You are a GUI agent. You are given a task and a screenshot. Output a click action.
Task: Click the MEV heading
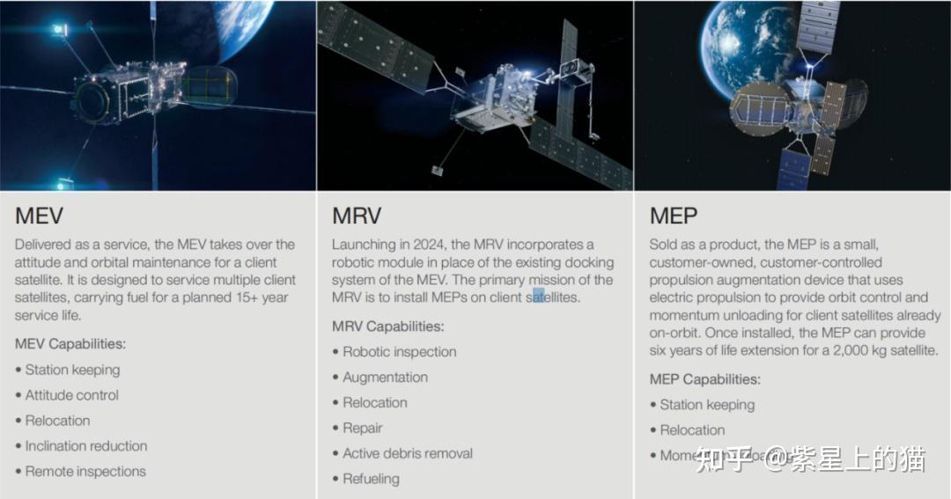coord(40,216)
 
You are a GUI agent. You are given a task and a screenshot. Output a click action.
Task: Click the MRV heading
coord(356,216)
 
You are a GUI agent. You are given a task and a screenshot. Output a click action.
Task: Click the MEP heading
coord(674,216)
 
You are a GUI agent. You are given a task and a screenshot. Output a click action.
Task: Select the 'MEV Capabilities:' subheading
coord(70,343)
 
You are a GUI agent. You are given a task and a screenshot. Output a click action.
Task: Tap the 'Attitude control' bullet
coord(71,395)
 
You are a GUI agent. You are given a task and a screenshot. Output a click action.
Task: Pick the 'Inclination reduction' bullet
coord(85,446)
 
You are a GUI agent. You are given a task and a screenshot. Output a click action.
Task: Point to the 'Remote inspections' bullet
coord(85,472)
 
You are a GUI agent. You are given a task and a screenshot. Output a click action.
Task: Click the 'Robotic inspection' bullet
coord(399,352)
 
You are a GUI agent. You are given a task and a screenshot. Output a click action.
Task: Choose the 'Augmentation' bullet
coord(385,378)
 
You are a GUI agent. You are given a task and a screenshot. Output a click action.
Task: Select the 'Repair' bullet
coord(362,429)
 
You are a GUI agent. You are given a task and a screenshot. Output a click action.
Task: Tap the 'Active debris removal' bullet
coord(407,454)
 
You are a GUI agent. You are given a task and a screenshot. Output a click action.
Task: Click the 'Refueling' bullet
coord(371,480)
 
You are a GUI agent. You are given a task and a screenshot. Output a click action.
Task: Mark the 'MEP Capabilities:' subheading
coord(705,379)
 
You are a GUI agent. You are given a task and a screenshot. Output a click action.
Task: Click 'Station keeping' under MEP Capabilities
coord(707,405)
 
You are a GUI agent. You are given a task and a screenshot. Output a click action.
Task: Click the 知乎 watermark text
coord(723,458)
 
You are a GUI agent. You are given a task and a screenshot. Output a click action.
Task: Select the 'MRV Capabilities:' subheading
coord(387,327)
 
